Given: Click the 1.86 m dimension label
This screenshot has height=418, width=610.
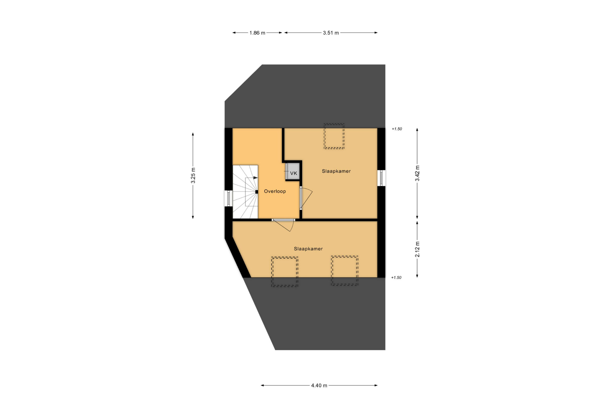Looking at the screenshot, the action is pyautogui.click(x=257, y=33).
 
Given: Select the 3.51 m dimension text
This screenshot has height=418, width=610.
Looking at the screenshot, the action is pyautogui.click(x=331, y=33).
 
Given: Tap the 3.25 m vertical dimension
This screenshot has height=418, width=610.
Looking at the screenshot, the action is pyautogui.click(x=193, y=175).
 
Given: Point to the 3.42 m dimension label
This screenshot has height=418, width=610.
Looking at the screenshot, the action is pyautogui.click(x=417, y=173).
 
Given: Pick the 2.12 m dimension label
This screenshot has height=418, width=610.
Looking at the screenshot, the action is pyautogui.click(x=417, y=249).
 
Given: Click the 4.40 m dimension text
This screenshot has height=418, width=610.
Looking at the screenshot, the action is pyautogui.click(x=319, y=385).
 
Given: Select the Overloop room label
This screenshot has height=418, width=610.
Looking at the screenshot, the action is pyautogui.click(x=275, y=191).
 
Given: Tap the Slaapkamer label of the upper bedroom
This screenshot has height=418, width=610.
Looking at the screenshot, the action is pyautogui.click(x=336, y=171).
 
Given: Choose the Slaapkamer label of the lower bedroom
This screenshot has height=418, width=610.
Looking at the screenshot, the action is pyautogui.click(x=308, y=249).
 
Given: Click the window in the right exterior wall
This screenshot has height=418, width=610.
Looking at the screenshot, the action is pyautogui.click(x=381, y=178).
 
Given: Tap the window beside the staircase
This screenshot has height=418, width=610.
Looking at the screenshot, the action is pyautogui.click(x=228, y=198).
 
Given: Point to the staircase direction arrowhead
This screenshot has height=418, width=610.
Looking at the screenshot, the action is pyautogui.click(x=255, y=178).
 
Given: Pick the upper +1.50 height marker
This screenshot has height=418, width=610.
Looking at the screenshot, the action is pyautogui.click(x=396, y=129).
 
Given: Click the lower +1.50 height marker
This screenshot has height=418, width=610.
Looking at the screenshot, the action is pyautogui.click(x=396, y=277).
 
